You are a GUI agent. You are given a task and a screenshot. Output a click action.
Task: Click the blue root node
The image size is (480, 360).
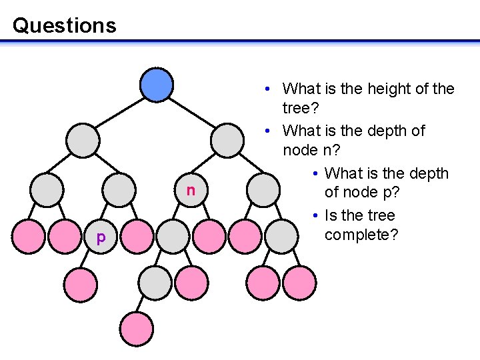(157, 85)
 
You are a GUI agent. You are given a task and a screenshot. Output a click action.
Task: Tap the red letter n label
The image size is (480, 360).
(191, 191)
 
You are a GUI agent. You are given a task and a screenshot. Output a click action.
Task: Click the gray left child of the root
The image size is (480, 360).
(83, 141)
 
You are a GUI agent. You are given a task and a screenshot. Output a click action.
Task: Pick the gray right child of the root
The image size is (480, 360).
(228, 141)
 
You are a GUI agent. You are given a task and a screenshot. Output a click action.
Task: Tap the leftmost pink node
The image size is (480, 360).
(29, 235)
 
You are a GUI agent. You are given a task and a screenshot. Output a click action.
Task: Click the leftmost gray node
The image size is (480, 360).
(47, 189)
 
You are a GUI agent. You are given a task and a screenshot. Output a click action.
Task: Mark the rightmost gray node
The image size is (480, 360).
(281, 235)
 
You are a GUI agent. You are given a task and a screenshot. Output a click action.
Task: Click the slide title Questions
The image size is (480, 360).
(65, 25)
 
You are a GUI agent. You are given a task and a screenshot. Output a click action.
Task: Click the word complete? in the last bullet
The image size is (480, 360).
(361, 234)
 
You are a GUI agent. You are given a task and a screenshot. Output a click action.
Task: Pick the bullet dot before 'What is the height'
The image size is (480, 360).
(266, 89)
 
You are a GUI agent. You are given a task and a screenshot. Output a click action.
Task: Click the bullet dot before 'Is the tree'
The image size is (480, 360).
(313, 216)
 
